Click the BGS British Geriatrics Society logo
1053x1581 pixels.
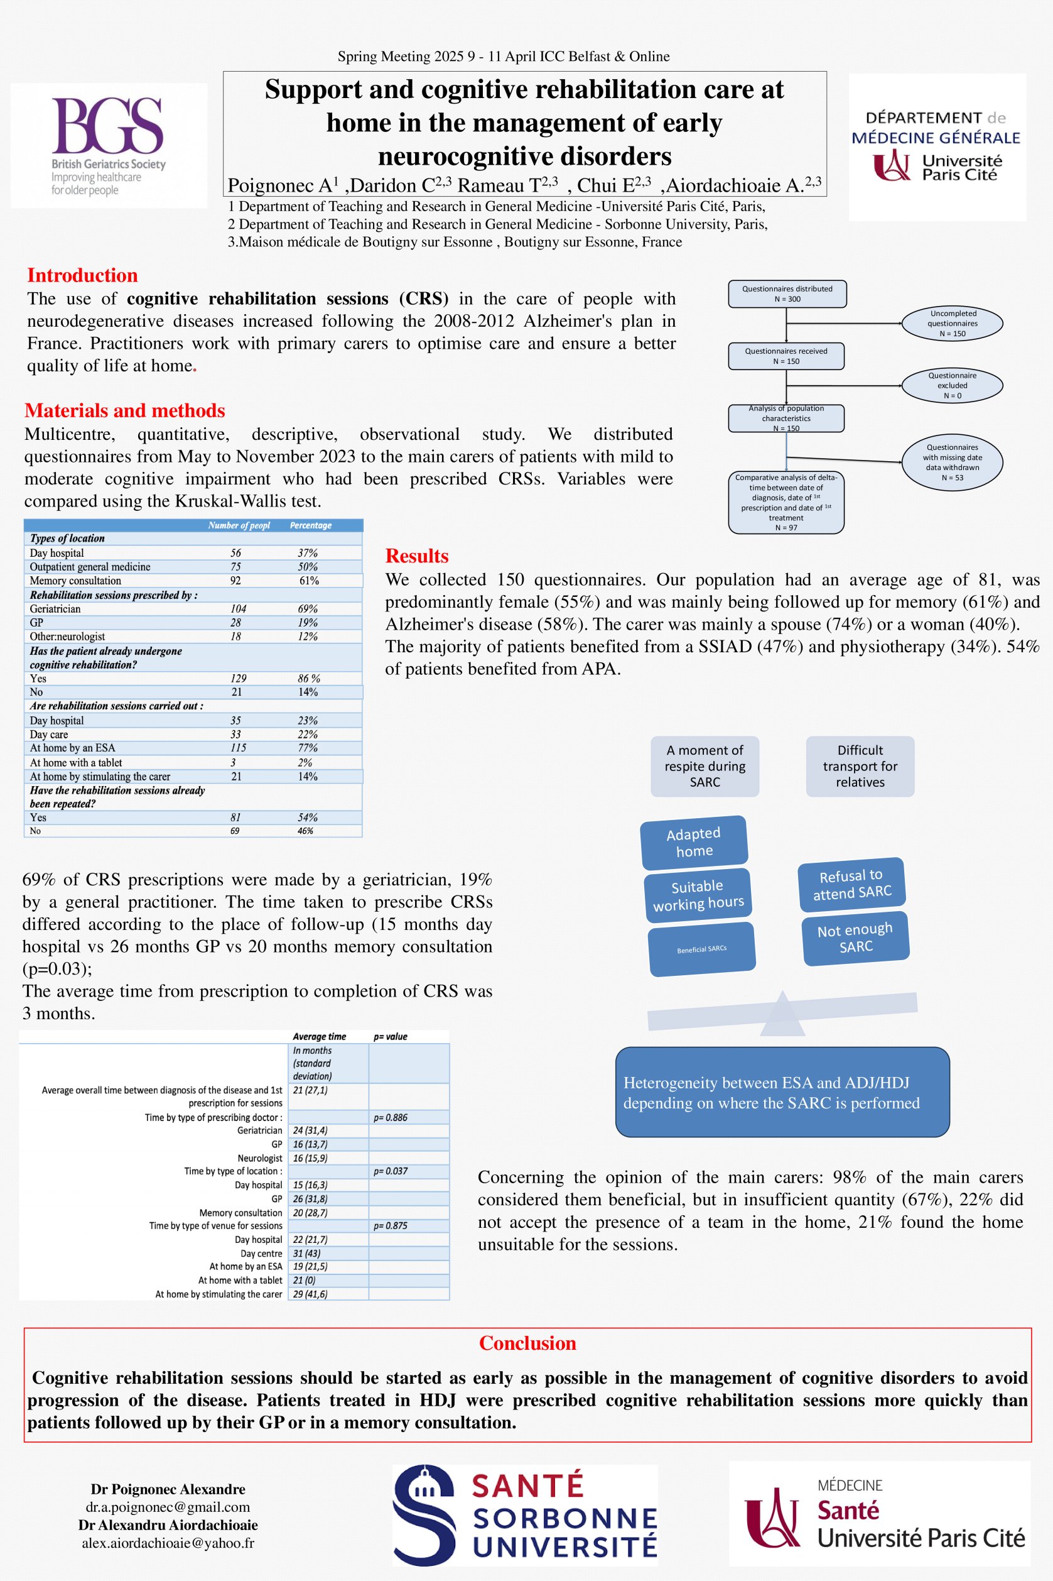[x=108, y=145]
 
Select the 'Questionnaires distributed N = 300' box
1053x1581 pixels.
[x=786, y=293]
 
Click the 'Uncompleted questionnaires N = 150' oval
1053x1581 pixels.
[x=952, y=323]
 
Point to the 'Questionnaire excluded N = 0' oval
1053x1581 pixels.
[x=952, y=386]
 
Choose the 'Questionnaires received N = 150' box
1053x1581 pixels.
[x=786, y=356]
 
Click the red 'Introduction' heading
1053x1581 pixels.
[x=82, y=275]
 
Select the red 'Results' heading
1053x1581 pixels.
[x=416, y=555]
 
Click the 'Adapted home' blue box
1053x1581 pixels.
[x=694, y=842]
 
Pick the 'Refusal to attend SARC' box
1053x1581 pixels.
[x=851, y=884]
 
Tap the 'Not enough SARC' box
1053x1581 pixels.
[x=855, y=938]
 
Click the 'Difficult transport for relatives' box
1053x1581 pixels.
[x=860, y=766]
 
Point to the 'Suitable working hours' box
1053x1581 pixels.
[x=698, y=895]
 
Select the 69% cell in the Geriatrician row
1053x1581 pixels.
[x=308, y=609]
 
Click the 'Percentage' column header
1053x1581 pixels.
[x=310, y=525]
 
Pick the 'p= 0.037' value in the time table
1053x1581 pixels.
[x=390, y=1171]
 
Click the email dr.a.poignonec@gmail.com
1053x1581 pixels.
[x=168, y=1506]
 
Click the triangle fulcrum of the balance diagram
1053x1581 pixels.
[x=782, y=1014]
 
